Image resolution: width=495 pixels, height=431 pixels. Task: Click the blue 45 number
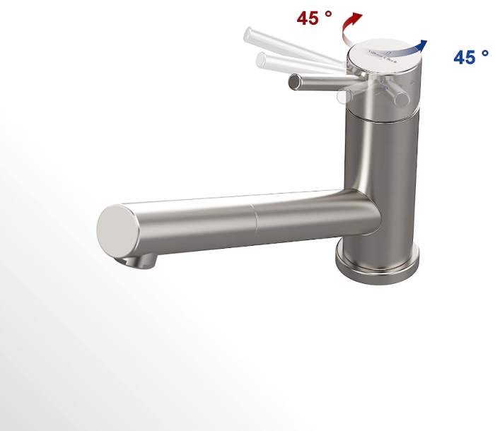pyautogui.click(x=465, y=57)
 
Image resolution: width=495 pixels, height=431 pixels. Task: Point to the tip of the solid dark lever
pyautogui.click(x=293, y=83)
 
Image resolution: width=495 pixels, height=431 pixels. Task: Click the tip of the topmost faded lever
pyautogui.click(x=248, y=33)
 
